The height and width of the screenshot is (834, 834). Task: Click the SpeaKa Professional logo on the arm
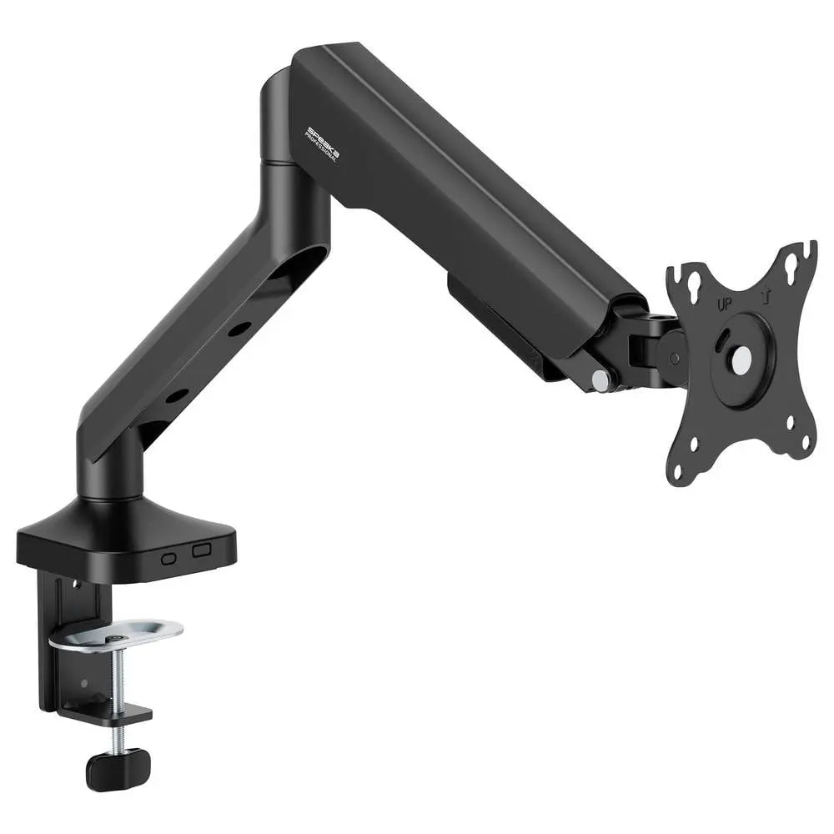pyautogui.click(x=322, y=143)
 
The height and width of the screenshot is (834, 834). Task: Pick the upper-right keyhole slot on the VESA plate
pyautogui.click(x=789, y=264)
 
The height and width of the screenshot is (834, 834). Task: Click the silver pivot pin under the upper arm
pyautogui.click(x=600, y=379)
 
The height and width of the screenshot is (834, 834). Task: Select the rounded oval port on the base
pyautogui.click(x=170, y=558)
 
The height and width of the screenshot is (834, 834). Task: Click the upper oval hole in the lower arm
pyautogui.click(x=239, y=329)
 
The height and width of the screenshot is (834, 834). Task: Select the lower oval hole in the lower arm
pyautogui.click(x=176, y=396)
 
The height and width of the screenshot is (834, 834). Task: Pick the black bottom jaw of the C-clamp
pyautogui.click(x=117, y=714)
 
